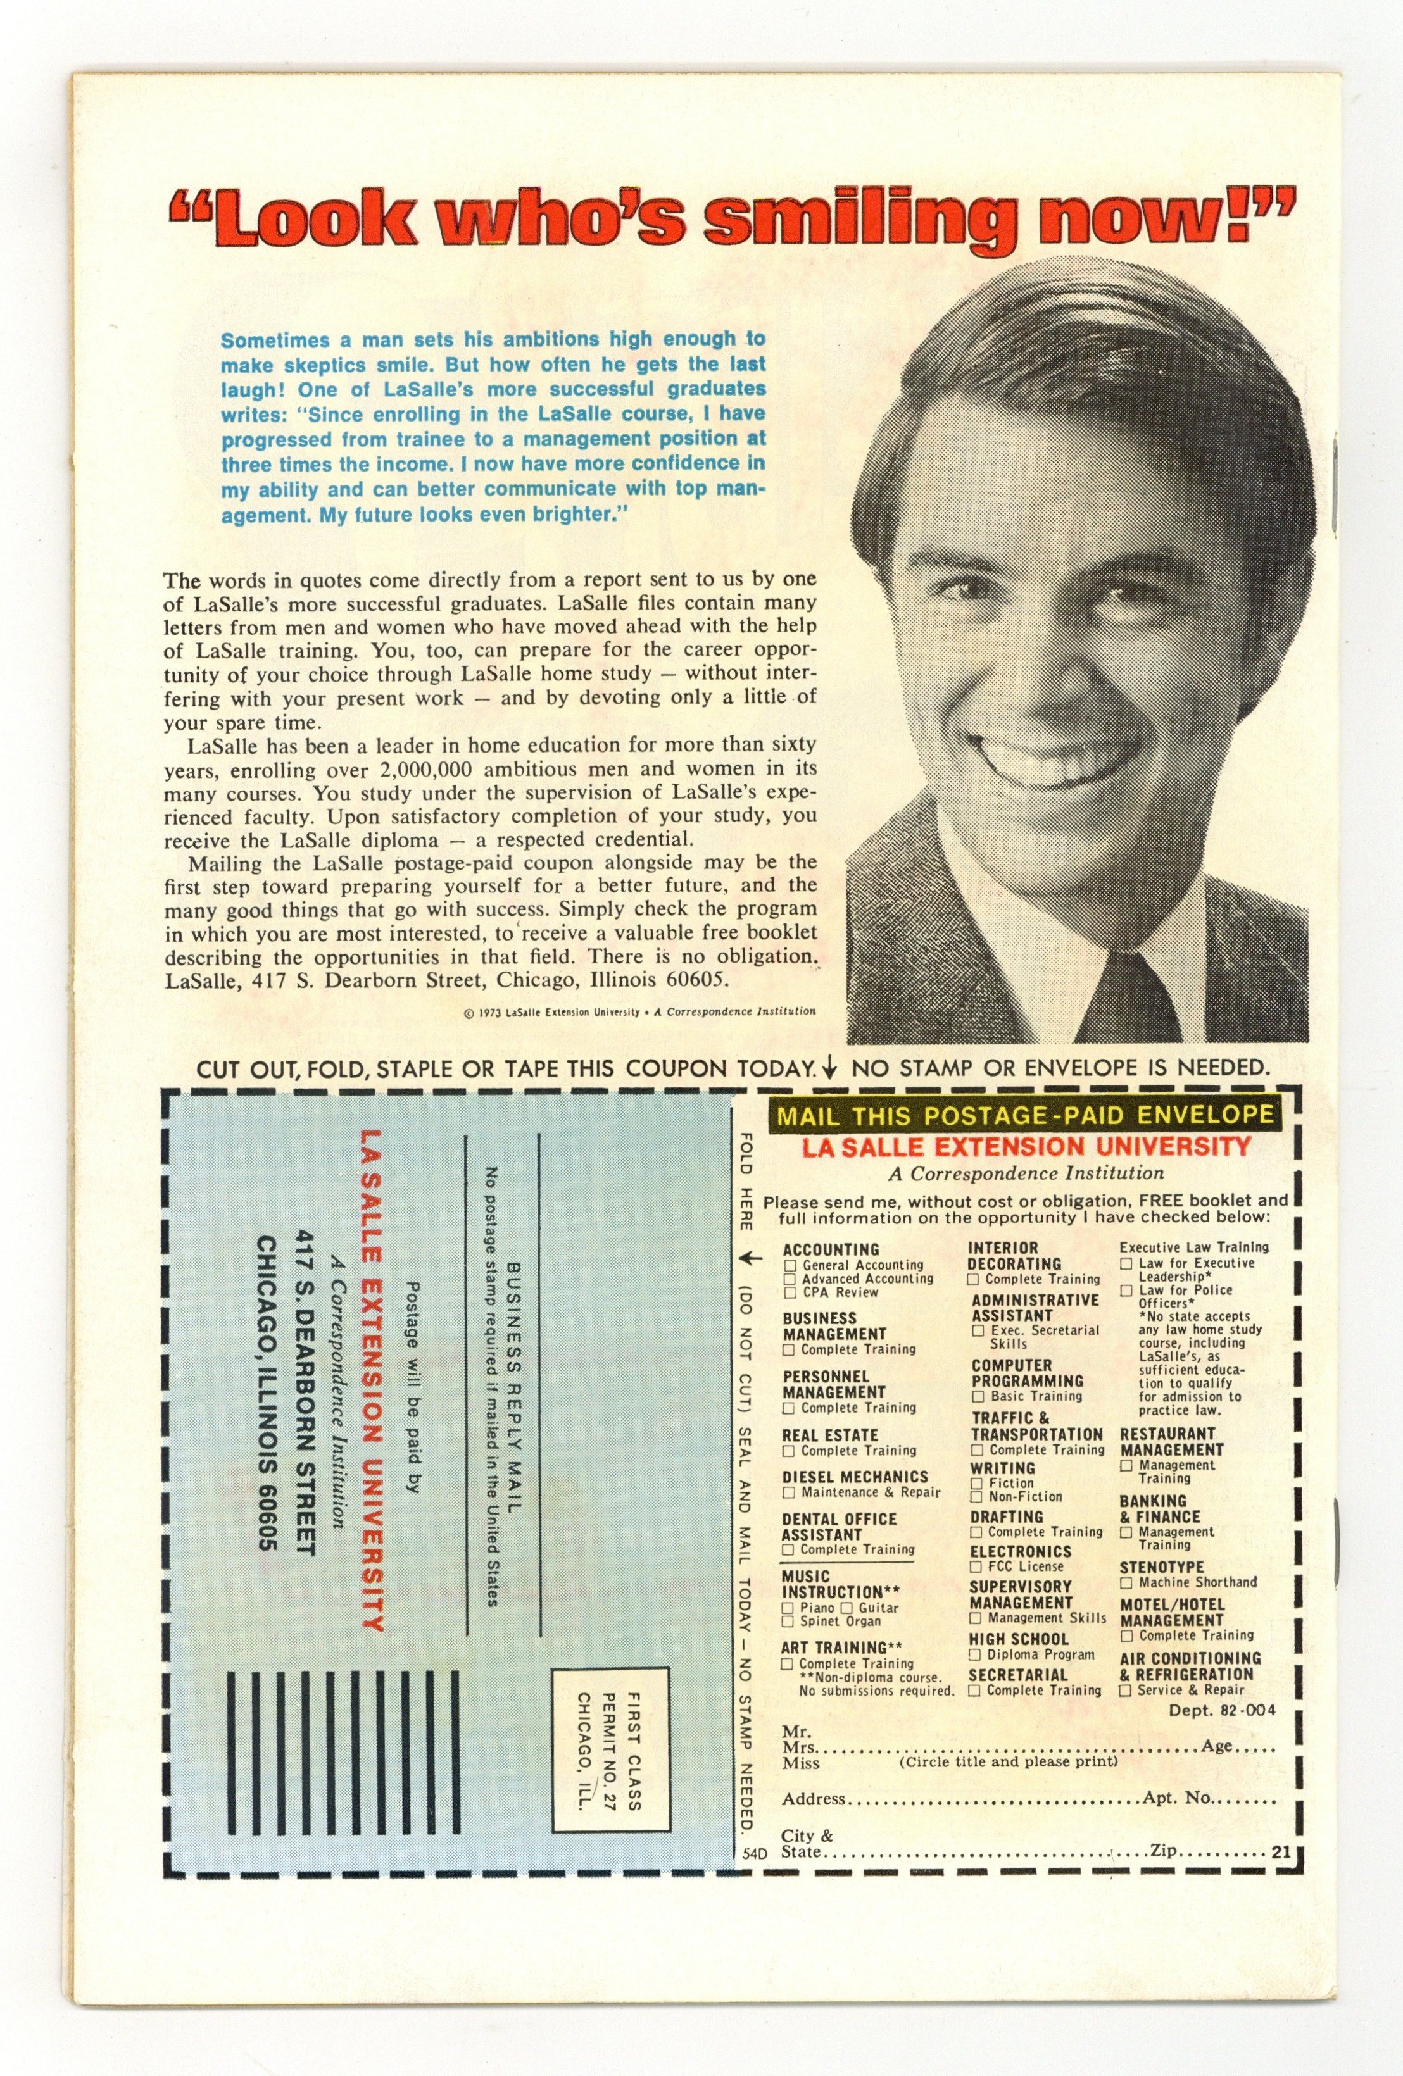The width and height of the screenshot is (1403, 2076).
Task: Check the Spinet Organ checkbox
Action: pyautogui.click(x=788, y=1622)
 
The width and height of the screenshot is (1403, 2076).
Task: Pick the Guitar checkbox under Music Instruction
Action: pyautogui.click(x=847, y=1608)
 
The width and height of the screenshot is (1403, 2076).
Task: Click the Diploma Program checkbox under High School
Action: pyautogui.click(x=976, y=1654)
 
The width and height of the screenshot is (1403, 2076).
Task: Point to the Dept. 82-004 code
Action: pyautogui.click(x=1221, y=1711)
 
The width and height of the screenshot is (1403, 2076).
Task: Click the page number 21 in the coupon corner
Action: pyautogui.click(x=1281, y=1852)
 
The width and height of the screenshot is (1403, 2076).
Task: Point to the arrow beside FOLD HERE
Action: pyautogui.click(x=751, y=1259)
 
